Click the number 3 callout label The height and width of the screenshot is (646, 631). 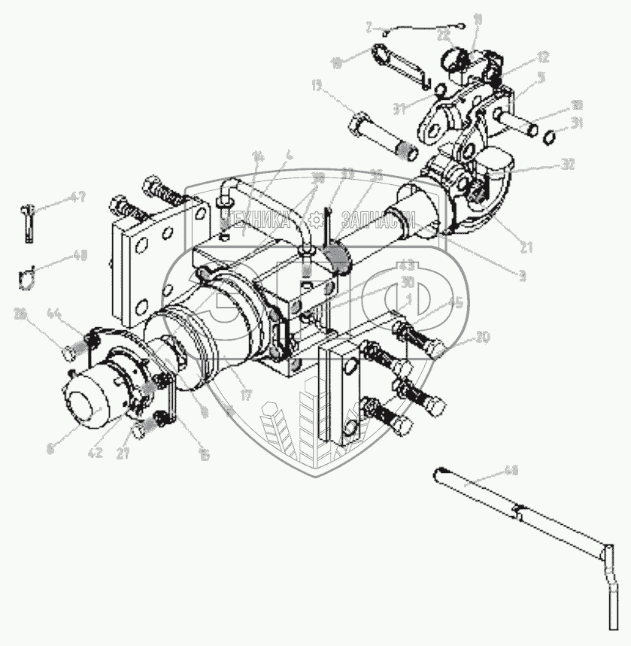522,277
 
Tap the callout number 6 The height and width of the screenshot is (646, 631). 50,449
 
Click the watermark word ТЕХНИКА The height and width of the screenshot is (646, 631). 256,220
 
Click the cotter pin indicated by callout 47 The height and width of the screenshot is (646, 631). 29,223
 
